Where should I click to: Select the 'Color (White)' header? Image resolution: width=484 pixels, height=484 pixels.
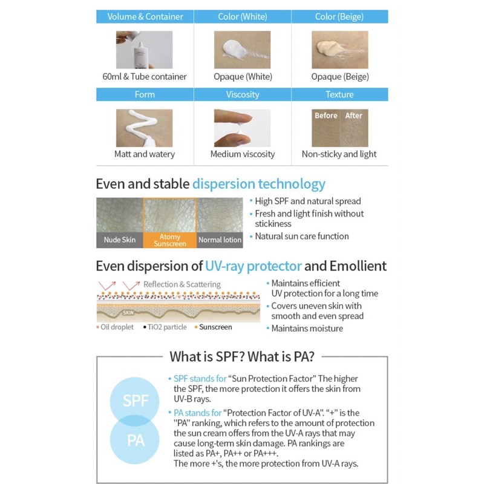(242, 17)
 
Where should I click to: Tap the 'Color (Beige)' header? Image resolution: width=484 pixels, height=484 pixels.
(339, 17)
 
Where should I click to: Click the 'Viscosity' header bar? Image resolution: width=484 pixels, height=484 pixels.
(242, 94)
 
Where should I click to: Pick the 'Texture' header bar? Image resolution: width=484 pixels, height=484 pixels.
(339, 94)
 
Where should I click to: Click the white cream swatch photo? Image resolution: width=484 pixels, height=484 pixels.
(242, 50)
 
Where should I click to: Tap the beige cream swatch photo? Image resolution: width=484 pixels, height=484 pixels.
(339, 50)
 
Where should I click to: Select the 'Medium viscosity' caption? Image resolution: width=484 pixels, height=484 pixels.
(242, 154)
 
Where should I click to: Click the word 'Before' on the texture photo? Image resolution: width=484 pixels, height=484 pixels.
(326, 116)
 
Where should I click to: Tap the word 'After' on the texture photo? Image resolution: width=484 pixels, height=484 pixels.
(353, 116)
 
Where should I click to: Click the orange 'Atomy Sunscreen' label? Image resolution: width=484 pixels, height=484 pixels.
(170, 240)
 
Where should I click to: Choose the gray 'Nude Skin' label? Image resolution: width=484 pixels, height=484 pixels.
(119, 240)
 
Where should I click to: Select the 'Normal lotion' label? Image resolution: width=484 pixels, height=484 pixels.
(220, 240)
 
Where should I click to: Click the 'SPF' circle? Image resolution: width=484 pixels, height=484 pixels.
(136, 401)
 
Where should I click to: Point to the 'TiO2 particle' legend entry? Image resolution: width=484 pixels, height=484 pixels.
(166, 327)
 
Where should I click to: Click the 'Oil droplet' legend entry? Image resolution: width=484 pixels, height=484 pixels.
(117, 327)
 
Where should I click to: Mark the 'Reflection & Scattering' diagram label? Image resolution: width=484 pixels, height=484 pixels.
(181, 284)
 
